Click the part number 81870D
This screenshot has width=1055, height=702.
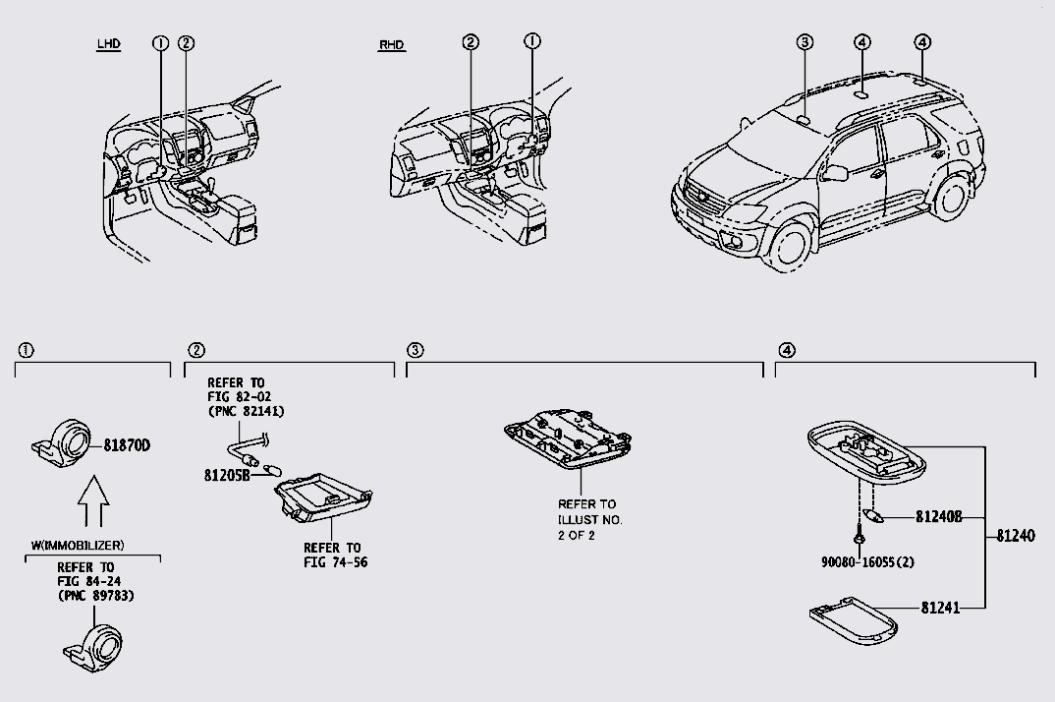tap(128, 444)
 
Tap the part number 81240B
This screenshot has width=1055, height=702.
tap(938, 515)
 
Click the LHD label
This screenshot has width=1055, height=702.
tap(109, 44)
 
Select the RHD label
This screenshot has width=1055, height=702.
tap(391, 45)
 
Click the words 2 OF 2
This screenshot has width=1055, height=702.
tap(577, 535)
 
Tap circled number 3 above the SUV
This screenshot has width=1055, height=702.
tap(805, 41)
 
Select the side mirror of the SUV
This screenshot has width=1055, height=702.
tap(836, 174)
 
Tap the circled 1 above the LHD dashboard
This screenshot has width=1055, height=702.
tap(161, 42)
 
